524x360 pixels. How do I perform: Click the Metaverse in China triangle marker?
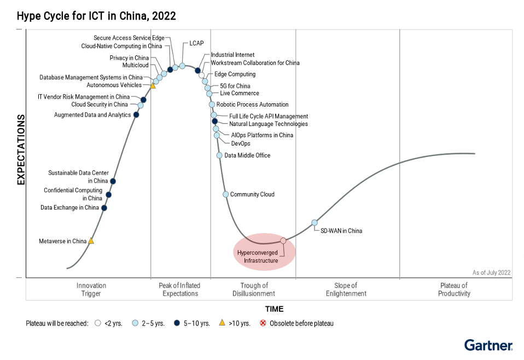click(x=91, y=241)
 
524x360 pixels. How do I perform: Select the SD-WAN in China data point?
click(x=315, y=223)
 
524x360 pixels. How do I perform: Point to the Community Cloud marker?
click(x=225, y=194)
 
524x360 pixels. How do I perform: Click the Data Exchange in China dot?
click(x=104, y=208)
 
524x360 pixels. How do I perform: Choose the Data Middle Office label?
click(x=247, y=155)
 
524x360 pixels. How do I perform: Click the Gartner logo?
click(x=488, y=345)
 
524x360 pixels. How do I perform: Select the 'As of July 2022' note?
click(x=492, y=272)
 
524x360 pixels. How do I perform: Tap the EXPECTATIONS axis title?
click(x=21, y=149)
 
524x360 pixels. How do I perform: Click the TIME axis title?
click(x=274, y=309)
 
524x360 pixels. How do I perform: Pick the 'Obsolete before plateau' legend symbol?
click(x=263, y=323)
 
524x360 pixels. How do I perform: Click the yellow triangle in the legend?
click(x=222, y=323)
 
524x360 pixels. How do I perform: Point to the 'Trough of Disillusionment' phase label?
click(x=254, y=289)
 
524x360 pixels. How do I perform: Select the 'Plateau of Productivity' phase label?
click(x=454, y=289)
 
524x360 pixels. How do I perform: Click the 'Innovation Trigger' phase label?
click(x=91, y=289)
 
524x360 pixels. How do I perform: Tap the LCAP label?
click(x=196, y=43)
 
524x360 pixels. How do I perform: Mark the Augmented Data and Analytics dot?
click(x=136, y=115)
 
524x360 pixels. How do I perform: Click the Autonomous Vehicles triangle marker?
click(x=153, y=85)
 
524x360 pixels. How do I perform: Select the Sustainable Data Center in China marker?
click(x=113, y=181)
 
